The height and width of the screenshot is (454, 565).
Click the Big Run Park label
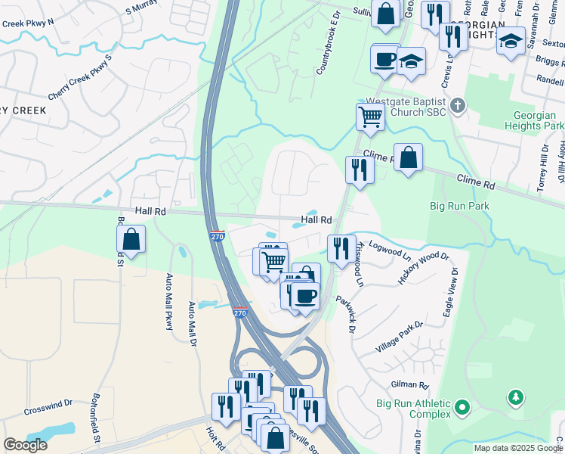[459, 206]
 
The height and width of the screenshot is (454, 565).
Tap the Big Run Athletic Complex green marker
[462, 409]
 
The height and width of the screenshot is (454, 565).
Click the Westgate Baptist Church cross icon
[458, 106]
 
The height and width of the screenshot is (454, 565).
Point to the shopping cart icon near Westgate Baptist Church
[370, 117]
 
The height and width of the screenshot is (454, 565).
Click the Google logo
[25, 445]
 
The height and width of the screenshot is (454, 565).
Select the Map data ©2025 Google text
[518, 448]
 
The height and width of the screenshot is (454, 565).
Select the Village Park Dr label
[400, 337]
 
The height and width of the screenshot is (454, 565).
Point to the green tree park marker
[516, 396]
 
